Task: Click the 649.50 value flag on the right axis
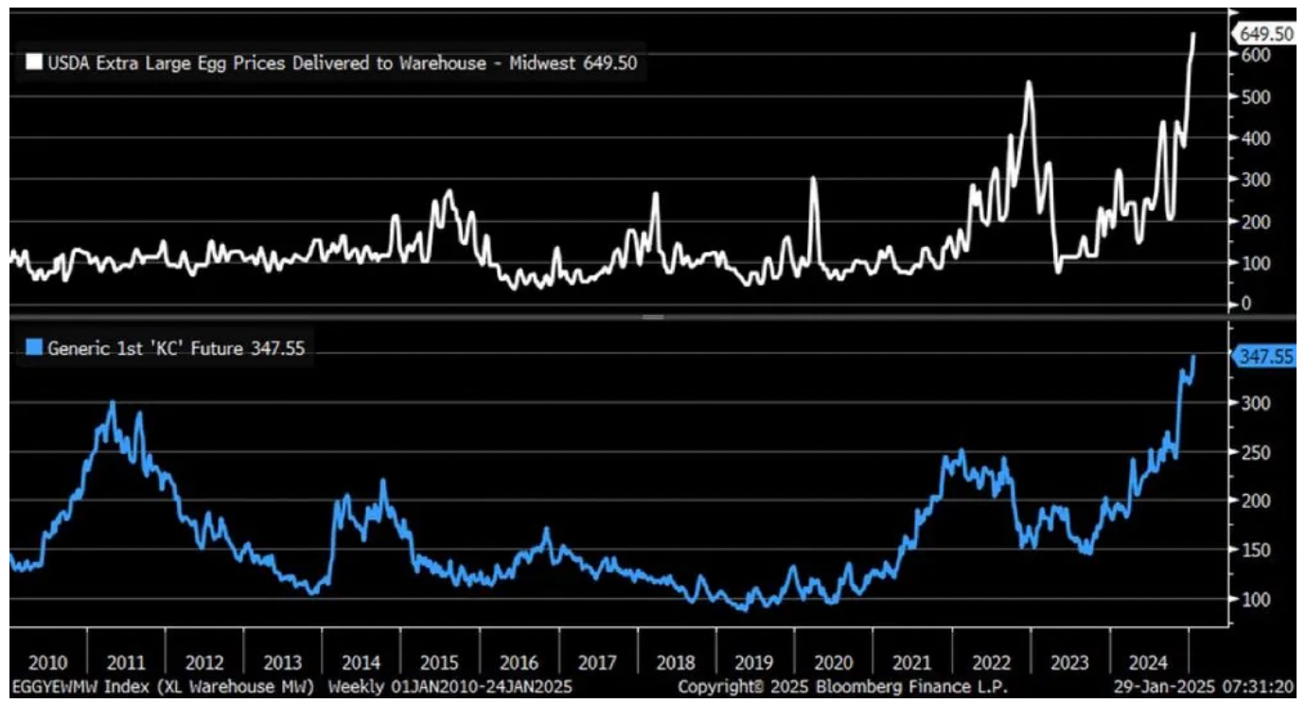coord(1265,34)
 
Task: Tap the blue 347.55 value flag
coord(1265,357)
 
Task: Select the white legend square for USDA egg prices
coord(34,62)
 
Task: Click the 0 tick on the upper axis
coord(1245,304)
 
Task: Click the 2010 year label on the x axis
coord(47,662)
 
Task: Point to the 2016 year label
coord(519,662)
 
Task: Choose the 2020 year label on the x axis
coord(834,662)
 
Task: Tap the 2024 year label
coord(1148,662)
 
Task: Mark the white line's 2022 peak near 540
coord(1029,82)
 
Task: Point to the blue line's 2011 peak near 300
coord(112,403)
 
